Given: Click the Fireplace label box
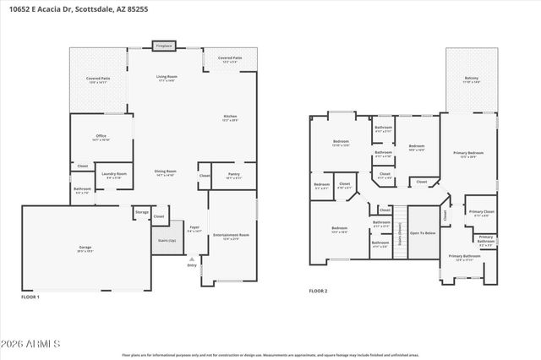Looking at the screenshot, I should click(x=164, y=46).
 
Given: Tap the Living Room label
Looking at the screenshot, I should click(x=166, y=78).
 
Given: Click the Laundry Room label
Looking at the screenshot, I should click(x=113, y=175).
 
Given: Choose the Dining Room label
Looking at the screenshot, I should click(x=165, y=172).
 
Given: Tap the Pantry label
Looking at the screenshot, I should click(x=233, y=175).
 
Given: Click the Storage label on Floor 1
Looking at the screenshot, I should click(x=142, y=212).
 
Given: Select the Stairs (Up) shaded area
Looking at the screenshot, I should click(x=167, y=239).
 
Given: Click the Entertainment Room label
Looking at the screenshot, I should click(x=231, y=236).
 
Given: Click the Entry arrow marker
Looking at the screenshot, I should click(x=192, y=260).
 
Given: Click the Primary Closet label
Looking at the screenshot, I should click(x=481, y=212).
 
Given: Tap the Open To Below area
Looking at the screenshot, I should click(x=423, y=232).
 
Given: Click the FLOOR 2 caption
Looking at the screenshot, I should click(x=318, y=291).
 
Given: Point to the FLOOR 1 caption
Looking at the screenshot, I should click(x=30, y=297).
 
